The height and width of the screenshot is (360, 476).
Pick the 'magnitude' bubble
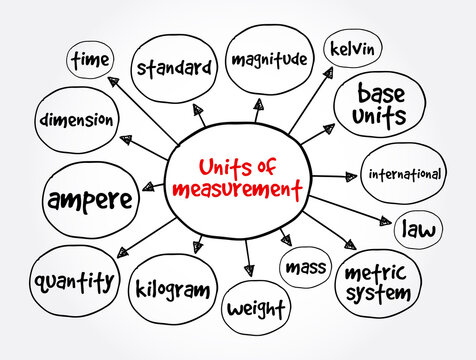click(267, 59)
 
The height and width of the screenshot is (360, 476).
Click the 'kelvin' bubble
click(350, 48)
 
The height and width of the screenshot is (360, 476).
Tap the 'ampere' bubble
click(89, 199)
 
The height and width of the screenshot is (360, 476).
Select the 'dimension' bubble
click(77, 121)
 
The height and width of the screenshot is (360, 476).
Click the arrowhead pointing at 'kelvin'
click(328, 71)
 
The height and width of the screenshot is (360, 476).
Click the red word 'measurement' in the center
click(237, 189)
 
